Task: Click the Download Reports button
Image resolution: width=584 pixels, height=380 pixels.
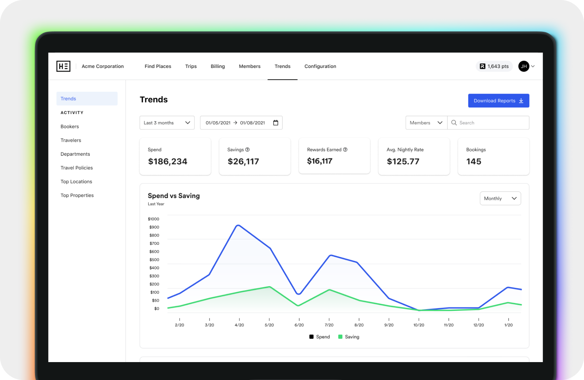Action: (x=499, y=100)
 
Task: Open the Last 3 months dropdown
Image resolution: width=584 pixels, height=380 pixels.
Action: (x=167, y=123)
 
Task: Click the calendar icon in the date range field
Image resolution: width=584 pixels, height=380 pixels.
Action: (x=276, y=123)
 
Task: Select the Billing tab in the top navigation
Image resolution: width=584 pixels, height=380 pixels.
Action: (x=218, y=66)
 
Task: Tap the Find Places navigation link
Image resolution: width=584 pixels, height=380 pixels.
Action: (x=158, y=66)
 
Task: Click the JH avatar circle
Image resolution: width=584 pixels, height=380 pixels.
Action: (x=523, y=66)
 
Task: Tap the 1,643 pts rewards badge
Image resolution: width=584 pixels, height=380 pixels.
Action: (x=494, y=66)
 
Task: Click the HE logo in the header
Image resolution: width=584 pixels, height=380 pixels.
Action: (x=64, y=66)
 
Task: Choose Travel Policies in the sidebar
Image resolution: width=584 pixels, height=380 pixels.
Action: (x=77, y=168)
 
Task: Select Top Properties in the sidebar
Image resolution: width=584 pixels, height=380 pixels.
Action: (x=77, y=195)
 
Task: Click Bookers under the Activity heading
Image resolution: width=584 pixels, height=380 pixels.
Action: (x=70, y=126)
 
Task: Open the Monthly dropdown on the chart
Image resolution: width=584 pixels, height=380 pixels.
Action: (x=500, y=198)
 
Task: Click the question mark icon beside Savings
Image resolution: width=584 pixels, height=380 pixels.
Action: (x=247, y=149)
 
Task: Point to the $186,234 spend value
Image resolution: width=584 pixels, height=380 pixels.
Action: (x=168, y=161)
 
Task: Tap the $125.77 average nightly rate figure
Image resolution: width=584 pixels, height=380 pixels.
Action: (x=403, y=161)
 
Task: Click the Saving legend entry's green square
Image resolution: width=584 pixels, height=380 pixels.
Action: (x=340, y=337)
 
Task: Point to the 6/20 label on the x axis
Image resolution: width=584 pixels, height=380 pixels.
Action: (x=299, y=325)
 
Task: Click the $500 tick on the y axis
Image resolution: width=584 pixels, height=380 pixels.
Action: (x=154, y=260)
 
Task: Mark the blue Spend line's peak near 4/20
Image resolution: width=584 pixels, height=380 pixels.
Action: (x=238, y=225)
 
